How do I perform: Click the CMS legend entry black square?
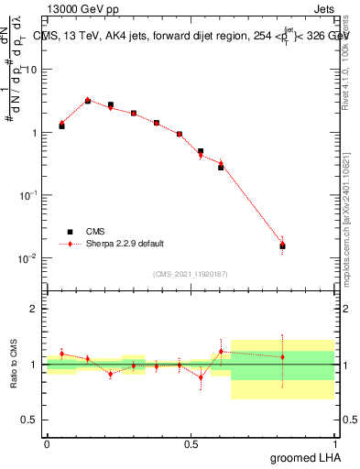click(x=67, y=232)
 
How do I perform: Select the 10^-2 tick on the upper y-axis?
click(x=29, y=257)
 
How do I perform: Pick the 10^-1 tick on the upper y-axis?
click(x=29, y=195)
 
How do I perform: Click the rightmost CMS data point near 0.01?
click(x=282, y=245)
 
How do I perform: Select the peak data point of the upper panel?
click(x=88, y=101)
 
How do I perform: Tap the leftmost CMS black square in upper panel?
click(x=61, y=125)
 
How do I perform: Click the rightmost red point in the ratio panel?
click(x=282, y=357)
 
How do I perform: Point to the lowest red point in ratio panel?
click(x=201, y=376)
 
